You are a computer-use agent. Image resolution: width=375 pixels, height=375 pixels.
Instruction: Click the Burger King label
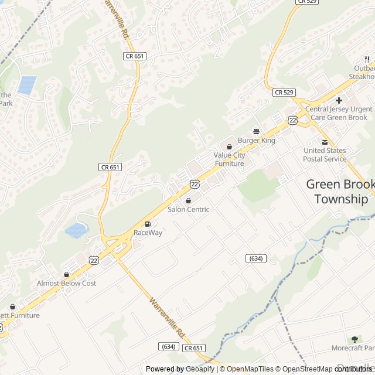[256, 141]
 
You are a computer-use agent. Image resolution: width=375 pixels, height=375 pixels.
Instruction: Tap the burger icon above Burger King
[256, 131]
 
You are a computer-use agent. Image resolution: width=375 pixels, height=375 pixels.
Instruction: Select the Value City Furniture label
[229, 159]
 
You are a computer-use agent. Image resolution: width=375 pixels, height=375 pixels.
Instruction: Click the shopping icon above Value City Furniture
[229, 146]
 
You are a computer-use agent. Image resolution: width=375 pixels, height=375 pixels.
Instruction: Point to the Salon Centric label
[188, 210]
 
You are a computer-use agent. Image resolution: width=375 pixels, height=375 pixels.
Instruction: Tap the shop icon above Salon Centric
[188, 200]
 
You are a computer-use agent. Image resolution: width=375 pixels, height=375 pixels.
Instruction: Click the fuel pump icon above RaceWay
[148, 223]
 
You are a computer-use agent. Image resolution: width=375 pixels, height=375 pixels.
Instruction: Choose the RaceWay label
[148, 233]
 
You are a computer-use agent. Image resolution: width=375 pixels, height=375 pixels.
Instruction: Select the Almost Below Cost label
[66, 284]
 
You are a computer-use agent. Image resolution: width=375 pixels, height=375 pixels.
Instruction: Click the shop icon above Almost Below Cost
[66, 274]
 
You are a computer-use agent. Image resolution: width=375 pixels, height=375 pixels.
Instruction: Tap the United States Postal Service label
[325, 155]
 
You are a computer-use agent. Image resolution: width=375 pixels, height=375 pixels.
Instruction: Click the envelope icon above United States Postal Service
[325, 142]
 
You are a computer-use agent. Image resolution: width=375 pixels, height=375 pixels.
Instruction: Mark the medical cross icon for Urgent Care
[339, 100]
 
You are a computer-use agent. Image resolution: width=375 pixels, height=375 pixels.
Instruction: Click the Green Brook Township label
[340, 192]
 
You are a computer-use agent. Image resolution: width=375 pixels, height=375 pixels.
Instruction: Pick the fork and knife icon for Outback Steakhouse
[367, 59]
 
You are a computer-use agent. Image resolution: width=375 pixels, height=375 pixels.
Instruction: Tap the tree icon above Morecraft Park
[354, 339]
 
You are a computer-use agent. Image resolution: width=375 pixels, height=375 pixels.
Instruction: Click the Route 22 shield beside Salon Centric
[195, 184]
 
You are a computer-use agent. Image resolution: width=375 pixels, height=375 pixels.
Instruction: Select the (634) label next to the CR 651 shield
[168, 347]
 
